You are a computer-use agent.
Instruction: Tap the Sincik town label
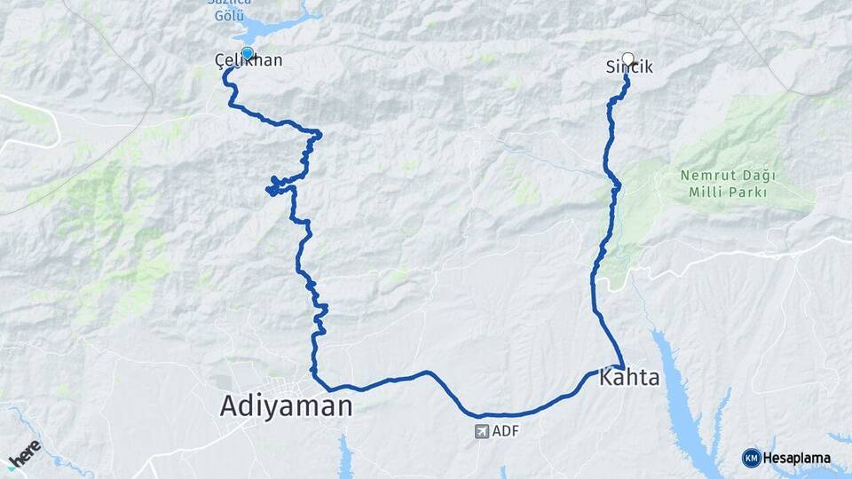pyautogui.click(x=629, y=67)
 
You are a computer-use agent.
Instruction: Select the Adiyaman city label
pyautogui.click(x=286, y=406)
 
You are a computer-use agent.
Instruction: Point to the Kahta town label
pyautogui.click(x=630, y=378)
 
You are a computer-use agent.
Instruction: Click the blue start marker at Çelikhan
pyautogui.click(x=248, y=52)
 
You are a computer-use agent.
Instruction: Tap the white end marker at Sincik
pyautogui.click(x=628, y=59)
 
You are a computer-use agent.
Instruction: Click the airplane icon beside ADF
pyautogui.click(x=482, y=432)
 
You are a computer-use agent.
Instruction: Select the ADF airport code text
pyautogui.click(x=504, y=432)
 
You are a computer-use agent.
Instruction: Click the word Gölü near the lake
pyautogui.click(x=233, y=16)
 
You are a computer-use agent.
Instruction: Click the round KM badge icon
pyautogui.click(x=751, y=458)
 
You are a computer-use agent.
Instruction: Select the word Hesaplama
pyautogui.click(x=796, y=459)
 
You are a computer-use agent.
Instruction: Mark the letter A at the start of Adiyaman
pyautogui.click(x=230, y=406)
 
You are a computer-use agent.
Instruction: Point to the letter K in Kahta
pyautogui.click(x=608, y=378)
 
